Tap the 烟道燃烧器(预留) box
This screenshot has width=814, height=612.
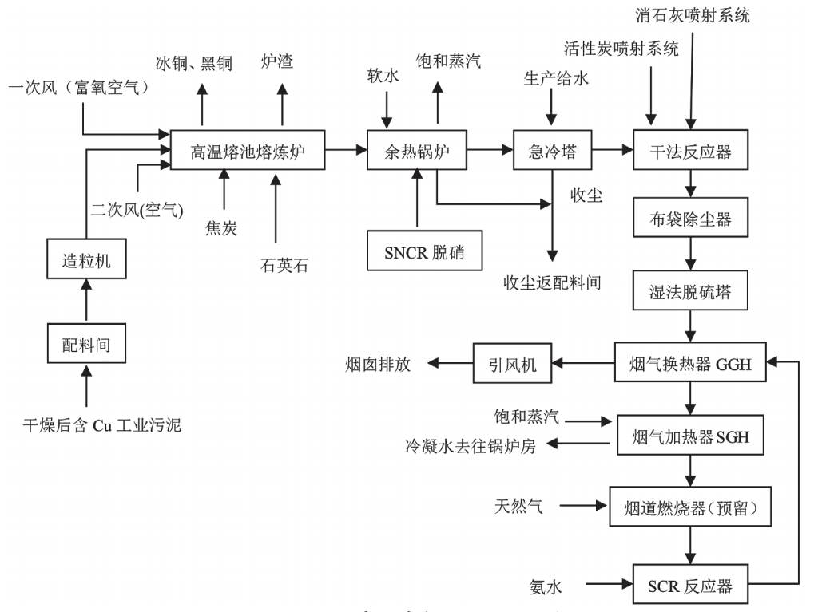(x=691, y=505)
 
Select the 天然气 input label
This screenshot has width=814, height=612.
(x=518, y=505)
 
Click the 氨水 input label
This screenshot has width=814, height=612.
(x=547, y=585)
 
